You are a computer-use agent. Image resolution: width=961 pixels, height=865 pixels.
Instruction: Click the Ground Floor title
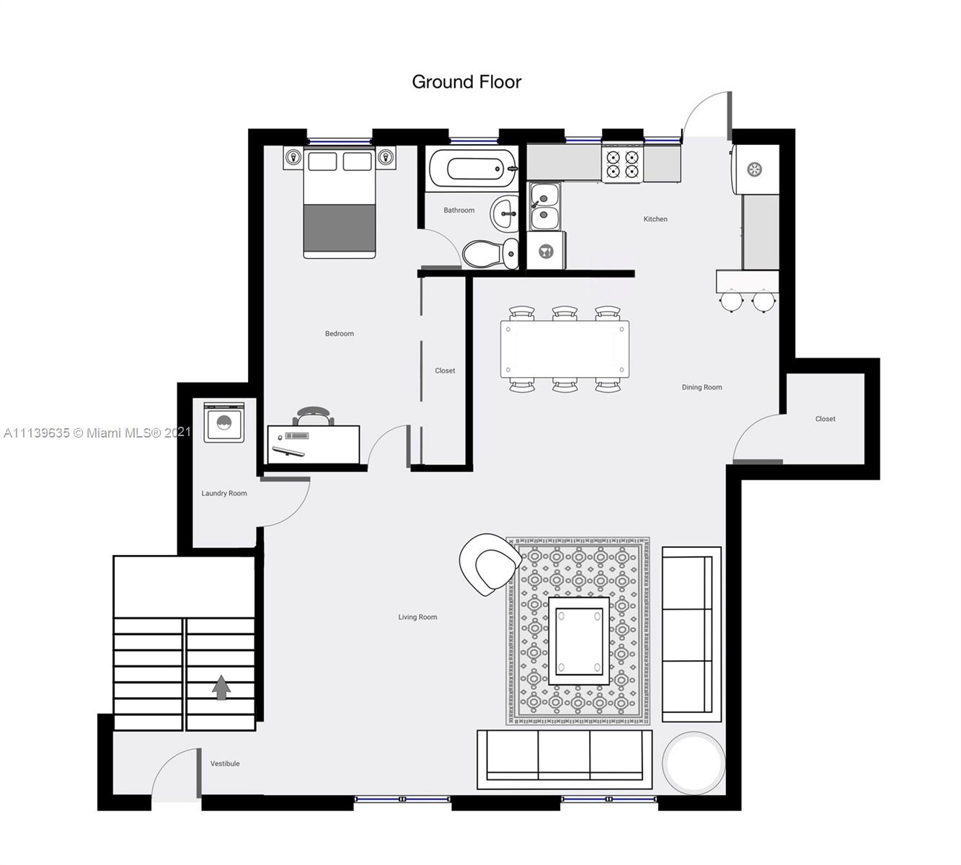click(466, 82)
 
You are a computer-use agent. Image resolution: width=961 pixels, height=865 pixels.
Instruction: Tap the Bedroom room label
click(339, 334)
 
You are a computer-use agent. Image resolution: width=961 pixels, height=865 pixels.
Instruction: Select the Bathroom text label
click(459, 210)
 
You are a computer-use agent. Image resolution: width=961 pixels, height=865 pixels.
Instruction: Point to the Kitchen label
click(655, 219)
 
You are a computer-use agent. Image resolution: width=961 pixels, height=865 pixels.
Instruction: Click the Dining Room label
click(702, 387)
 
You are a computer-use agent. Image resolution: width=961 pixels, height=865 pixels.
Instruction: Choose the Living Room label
click(417, 617)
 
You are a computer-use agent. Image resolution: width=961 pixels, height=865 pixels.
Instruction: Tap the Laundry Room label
click(224, 493)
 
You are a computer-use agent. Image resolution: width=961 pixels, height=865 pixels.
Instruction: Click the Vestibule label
click(225, 763)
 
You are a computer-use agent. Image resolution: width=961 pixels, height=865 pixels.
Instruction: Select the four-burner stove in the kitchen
click(622, 163)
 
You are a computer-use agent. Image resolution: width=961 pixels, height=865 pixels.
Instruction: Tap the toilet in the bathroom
click(490, 253)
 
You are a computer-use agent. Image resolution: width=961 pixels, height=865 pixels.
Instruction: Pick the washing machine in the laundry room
click(224, 422)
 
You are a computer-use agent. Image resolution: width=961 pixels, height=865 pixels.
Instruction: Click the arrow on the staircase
click(221, 687)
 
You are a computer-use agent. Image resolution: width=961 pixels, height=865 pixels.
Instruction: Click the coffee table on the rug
click(579, 641)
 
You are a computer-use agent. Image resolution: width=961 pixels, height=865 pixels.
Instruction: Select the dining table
click(564, 350)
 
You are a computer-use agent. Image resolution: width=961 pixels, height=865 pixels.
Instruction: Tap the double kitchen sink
click(544, 207)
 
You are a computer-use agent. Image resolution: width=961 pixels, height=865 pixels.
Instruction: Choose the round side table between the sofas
click(694, 763)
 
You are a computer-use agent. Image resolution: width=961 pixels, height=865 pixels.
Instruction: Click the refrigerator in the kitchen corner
click(755, 169)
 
